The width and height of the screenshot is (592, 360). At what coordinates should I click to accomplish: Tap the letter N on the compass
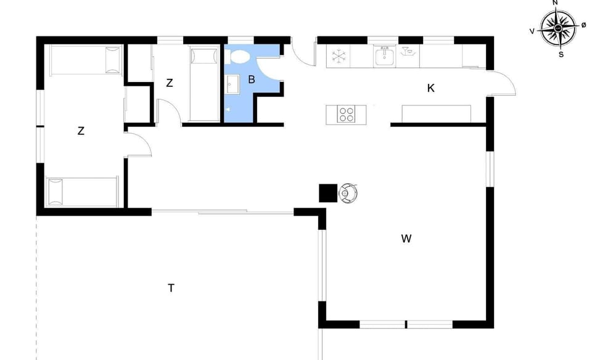[555, 3]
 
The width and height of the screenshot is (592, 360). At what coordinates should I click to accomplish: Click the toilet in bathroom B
[239, 57]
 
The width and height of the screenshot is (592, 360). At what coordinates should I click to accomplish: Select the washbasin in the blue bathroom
[233, 85]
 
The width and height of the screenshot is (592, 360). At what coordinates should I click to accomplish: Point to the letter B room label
[252, 80]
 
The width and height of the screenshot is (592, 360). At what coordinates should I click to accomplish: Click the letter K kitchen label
[431, 88]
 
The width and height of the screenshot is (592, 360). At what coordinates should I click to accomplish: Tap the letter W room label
[406, 239]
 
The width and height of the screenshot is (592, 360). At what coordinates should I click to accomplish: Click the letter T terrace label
[171, 288]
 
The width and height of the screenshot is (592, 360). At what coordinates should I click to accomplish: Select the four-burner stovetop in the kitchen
[347, 114]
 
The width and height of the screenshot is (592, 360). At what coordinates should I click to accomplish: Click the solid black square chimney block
[327, 194]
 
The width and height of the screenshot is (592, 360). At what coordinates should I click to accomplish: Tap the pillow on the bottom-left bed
[55, 192]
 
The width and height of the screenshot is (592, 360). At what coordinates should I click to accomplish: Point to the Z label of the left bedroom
[81, 131]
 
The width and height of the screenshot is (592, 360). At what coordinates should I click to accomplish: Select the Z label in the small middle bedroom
[169, 83]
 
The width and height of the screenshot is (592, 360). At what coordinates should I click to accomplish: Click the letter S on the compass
[561, 54]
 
